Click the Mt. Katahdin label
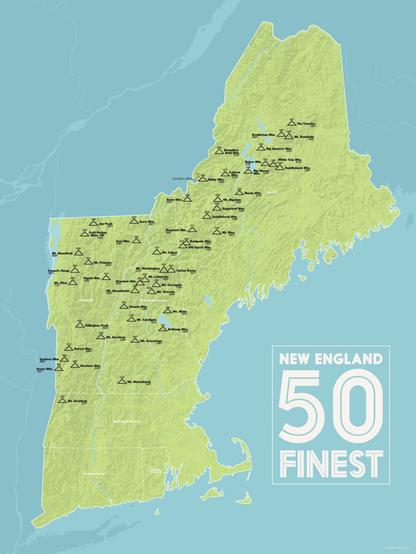click(304, 137)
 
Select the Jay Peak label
click(106, 224)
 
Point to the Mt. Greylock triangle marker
click(62, 400)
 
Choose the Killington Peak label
click(97, 325)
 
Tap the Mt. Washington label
click(148, 268)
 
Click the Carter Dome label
click(186, 270)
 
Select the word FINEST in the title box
click(331, 464)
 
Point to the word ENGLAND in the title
click(349, 359)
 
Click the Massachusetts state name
click(126, 422)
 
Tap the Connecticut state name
click(94, 474)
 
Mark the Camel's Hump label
click(59, 270)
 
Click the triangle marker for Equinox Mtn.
click(64, 359)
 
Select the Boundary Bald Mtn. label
click(231, 151)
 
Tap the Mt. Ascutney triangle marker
click(101, 336)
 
